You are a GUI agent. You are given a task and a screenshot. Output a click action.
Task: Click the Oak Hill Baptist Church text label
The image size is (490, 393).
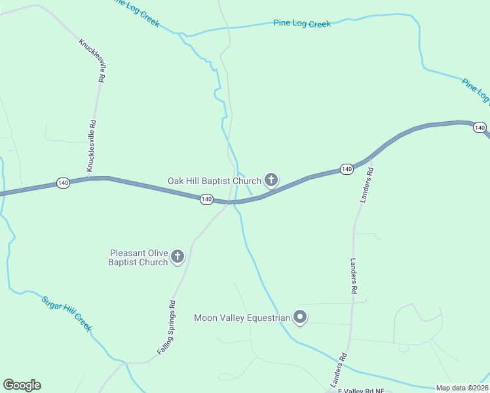point(214,181)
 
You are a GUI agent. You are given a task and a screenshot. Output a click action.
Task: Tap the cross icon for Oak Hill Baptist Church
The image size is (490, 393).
point(271,179)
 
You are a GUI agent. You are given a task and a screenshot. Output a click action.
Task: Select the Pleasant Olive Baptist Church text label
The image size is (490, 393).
point(139,257)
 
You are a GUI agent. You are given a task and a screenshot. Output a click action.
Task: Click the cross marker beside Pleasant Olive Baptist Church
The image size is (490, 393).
point(178,257)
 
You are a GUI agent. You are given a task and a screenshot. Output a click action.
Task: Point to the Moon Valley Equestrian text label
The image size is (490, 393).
point(242,318)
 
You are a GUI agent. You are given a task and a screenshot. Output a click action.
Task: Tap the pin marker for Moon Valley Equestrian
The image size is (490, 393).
point(300,317)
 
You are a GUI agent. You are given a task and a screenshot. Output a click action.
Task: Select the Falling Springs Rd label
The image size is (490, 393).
point(167,327)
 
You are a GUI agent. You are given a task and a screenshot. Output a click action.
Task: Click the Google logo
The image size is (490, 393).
point(22,385)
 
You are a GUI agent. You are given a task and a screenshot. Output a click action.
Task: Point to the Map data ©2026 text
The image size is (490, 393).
point(462,388)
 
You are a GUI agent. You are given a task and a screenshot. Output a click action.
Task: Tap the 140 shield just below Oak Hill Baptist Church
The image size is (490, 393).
point(206,198)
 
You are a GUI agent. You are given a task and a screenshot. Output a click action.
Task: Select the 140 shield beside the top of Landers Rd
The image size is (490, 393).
point(347,169)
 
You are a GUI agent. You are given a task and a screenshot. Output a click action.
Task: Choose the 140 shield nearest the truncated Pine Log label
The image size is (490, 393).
point(480,127)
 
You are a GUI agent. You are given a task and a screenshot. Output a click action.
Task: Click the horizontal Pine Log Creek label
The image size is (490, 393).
point(302,24)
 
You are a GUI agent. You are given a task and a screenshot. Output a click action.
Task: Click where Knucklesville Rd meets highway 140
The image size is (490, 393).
point(88,178)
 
